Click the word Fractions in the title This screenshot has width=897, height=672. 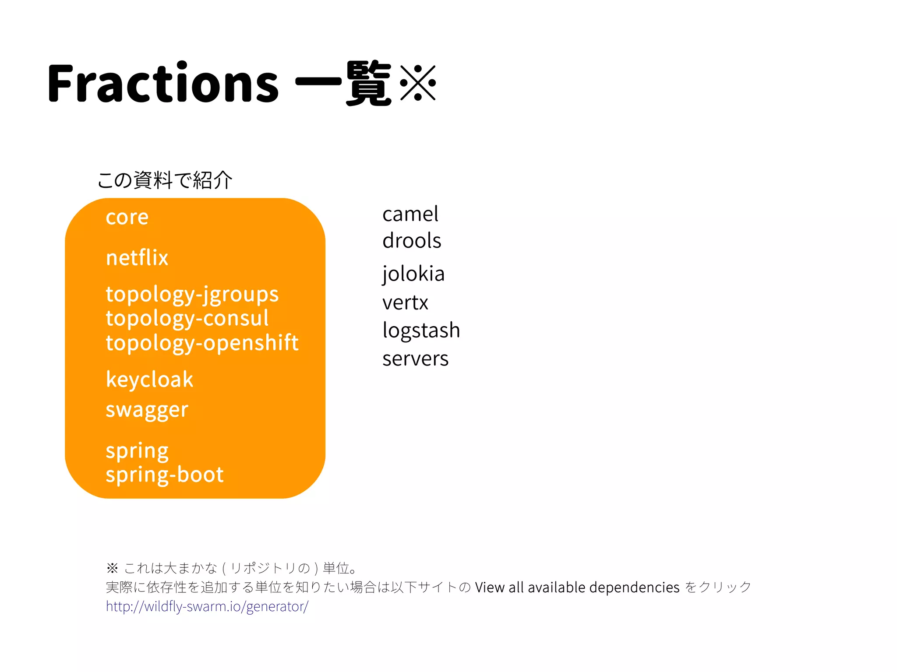(x=163, y=83)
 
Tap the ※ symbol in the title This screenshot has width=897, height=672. (x=418, y=83)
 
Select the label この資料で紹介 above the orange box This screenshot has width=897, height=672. (x=165, y=180)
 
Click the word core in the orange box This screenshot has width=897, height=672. (x=127, y=217)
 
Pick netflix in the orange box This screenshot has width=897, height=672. (x=137, y=257)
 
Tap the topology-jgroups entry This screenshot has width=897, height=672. (x=192, y=294)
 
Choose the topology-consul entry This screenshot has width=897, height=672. (x=187, y=318)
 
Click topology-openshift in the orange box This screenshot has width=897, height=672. (x=202, y=343)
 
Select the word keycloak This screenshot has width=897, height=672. (x=149, y=380)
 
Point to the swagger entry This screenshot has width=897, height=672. (x=147, y=410)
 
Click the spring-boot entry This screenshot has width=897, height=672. (x=165, y=475)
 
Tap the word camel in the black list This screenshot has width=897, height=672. (x=410, y=214)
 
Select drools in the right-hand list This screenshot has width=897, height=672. (x=412, y=241)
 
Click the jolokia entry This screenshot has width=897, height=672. (x=413, y=274)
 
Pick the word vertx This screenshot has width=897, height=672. (x=405, y=303)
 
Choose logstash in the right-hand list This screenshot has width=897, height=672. (x=421, y=330)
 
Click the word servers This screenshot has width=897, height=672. (x=415, y=359)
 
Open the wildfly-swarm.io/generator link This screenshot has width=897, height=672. (x=207, y=606)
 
